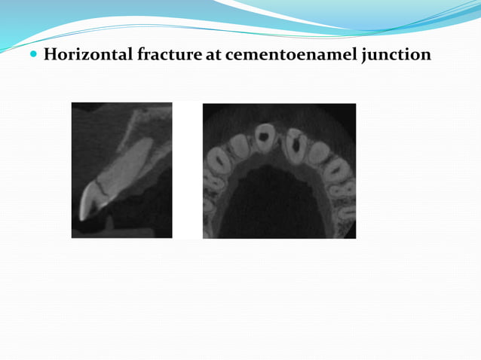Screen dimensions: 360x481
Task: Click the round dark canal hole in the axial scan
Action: (264, 136)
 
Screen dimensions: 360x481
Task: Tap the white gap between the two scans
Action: (187, 170)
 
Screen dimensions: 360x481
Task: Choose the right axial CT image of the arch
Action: (279, 170)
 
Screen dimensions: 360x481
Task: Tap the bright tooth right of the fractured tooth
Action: (317, 153)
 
